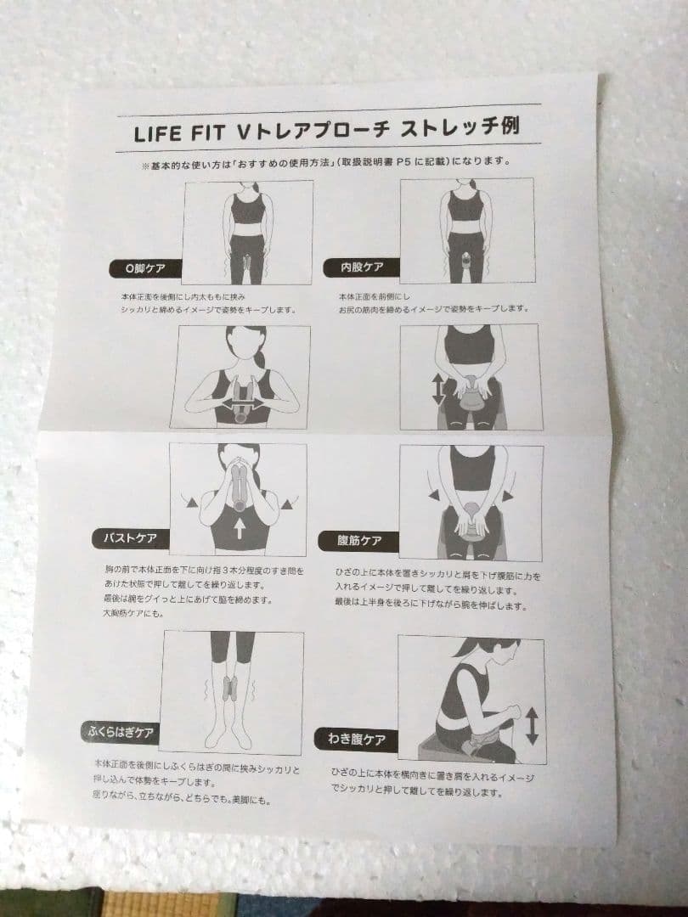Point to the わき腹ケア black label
(356, 740)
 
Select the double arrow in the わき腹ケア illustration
(532, 727)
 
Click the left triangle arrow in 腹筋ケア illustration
(434, 495)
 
